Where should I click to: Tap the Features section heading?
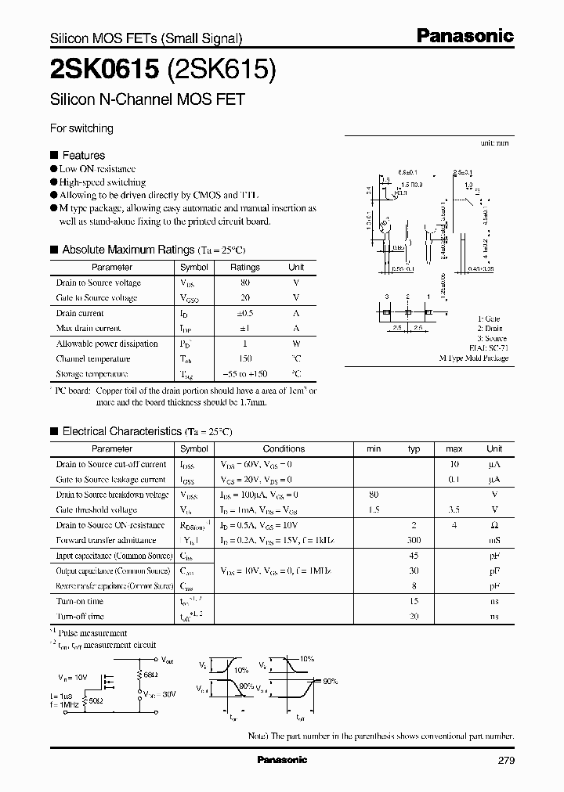(83, 155)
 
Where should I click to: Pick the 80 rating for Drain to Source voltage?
(245, 283)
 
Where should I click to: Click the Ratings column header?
(244, 267)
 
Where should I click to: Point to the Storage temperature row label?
(92, 374)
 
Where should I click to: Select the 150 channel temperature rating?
(245, 358)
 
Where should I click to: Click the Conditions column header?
(284, 448)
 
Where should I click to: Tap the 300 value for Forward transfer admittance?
(414, 540)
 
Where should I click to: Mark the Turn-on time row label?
(79, 601)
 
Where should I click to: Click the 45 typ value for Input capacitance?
(414, 556)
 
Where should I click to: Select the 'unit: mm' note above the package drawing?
(495, 144)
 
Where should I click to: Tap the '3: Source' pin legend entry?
(493, 339)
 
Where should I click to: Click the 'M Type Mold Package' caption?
(473, 358)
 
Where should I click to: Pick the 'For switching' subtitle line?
(81, 128)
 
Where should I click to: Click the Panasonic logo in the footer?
(282, 760)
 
